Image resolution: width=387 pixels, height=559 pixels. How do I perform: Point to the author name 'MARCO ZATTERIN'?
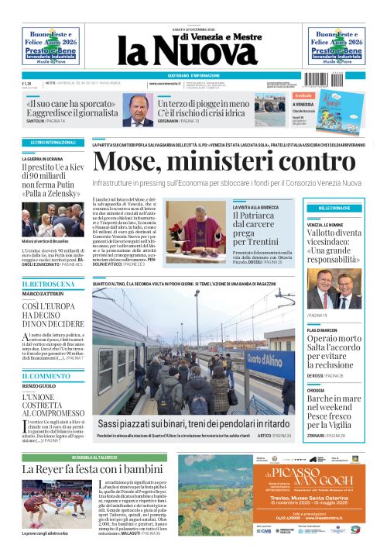click(43, 294)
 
